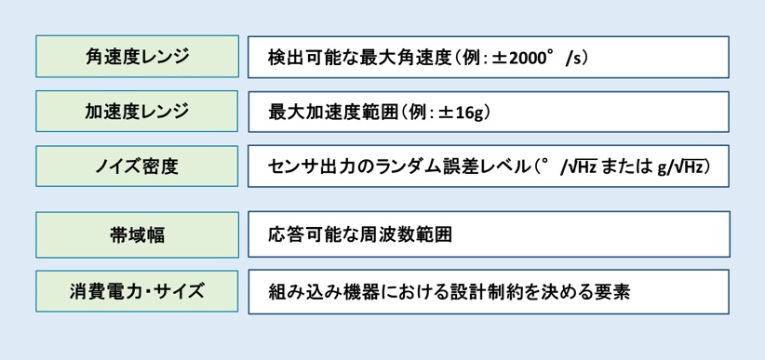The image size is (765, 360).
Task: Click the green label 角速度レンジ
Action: (137, 57)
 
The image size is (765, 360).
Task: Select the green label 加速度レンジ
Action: (137, 112)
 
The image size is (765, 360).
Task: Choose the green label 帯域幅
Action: (137, 234)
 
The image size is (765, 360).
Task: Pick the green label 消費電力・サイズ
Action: (137, 290)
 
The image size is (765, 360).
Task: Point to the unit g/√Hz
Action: (682, 167)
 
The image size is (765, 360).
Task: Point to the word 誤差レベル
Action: (480, 167)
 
